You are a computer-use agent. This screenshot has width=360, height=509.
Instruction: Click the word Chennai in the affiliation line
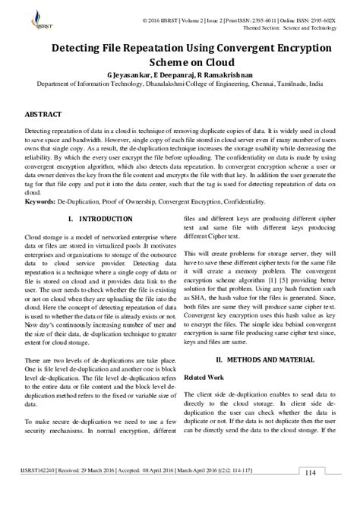click(257, 87)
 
